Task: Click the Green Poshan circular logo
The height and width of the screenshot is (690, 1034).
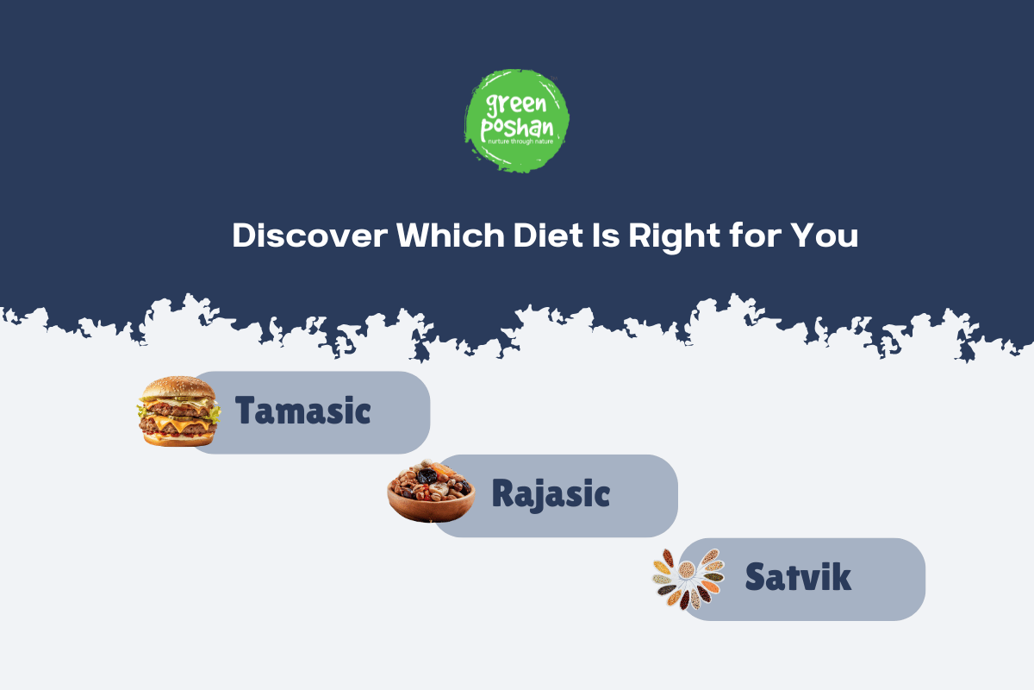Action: [517, 121]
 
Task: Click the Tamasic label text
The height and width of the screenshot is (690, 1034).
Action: [303, 411]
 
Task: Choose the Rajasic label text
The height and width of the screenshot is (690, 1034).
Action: [551, 494]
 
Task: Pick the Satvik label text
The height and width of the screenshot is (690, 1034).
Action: [798, 577]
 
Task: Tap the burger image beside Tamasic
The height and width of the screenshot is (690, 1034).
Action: [178, 411]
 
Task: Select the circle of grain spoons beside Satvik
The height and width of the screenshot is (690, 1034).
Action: [688, 578]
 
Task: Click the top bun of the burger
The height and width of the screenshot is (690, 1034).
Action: [178, 386]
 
